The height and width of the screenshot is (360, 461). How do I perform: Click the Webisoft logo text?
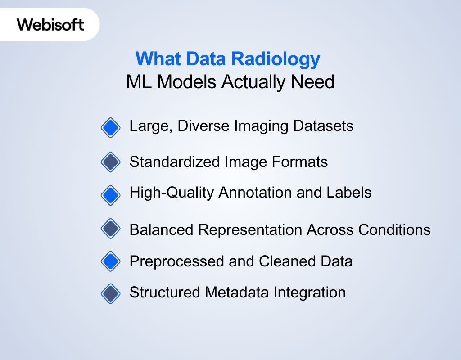tap(50, 24)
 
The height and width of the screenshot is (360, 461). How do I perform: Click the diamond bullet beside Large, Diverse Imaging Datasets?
tap(111, 128)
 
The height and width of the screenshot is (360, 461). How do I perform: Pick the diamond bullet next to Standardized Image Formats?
tap(111, 162)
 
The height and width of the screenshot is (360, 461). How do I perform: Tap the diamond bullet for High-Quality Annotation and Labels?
tap(111, 195)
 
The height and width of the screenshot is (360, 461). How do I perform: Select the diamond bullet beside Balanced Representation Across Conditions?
tap(111, 229)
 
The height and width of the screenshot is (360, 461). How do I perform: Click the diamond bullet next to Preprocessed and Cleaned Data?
tap(111, 261)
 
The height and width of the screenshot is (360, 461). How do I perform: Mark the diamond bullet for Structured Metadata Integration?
tap(111, 293)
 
